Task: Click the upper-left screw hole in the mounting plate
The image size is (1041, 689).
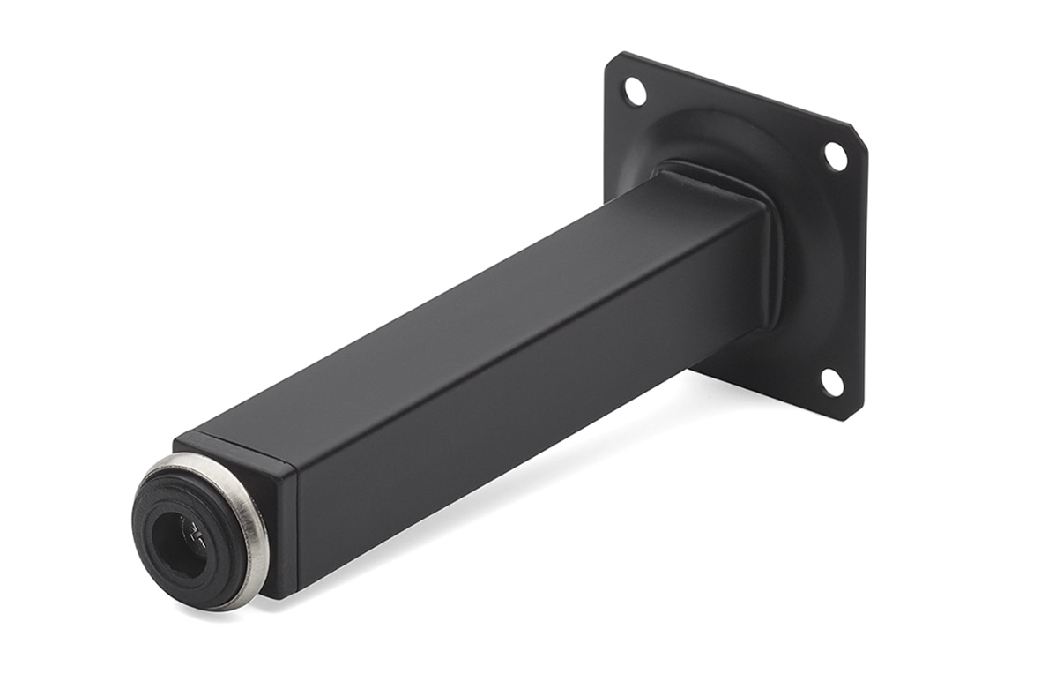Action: coord(634,90)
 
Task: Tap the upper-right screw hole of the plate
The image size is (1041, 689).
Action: coord(835,156)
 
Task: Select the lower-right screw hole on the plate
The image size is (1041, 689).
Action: coord(831,382)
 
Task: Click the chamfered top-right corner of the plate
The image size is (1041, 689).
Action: coord(859,132)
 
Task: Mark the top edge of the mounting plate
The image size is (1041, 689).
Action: coord(732,88)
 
